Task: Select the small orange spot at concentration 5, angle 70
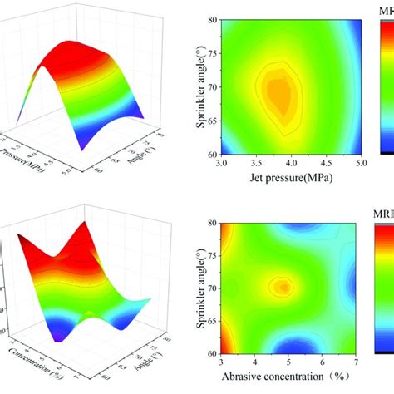click(x=284, y=287)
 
